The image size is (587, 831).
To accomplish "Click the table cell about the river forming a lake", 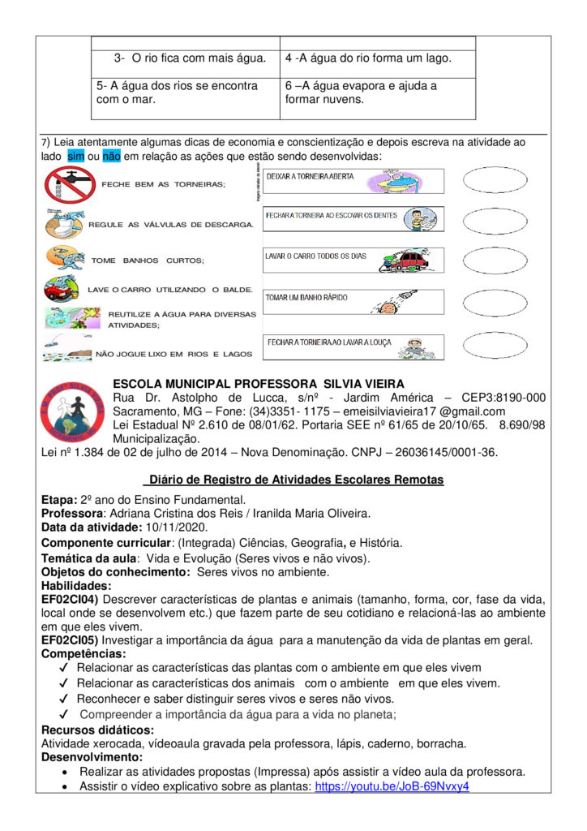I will pos(377,58).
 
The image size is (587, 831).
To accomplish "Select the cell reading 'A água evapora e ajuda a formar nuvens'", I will pos(377,93).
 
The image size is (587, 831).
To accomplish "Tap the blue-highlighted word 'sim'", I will pos(75,155).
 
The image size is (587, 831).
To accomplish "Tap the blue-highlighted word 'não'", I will pos(111,155).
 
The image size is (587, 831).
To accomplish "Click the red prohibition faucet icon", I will pos(69,184).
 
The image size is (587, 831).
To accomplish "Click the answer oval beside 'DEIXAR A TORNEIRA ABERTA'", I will pos(495,179).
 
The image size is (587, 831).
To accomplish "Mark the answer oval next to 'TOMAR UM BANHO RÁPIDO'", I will pos(495,302).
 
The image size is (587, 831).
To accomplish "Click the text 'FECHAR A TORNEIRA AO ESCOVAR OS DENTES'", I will pos(332,216).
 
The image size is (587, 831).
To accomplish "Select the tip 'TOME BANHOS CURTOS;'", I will pos(148,260).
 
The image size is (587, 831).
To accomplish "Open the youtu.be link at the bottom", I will pos(392,786).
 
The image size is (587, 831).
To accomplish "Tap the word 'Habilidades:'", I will pos(75,585).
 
